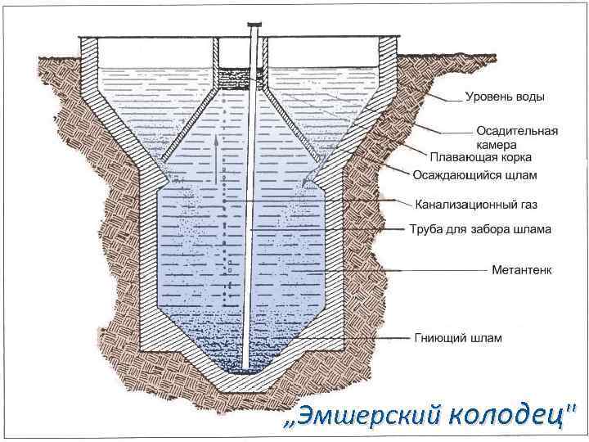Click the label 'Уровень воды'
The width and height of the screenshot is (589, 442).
pos(505,97)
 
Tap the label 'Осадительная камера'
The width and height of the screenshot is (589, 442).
pos(517,137)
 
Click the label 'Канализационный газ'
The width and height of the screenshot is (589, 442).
pos(476,203)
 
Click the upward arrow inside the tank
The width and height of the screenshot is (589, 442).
pos(217,156)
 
